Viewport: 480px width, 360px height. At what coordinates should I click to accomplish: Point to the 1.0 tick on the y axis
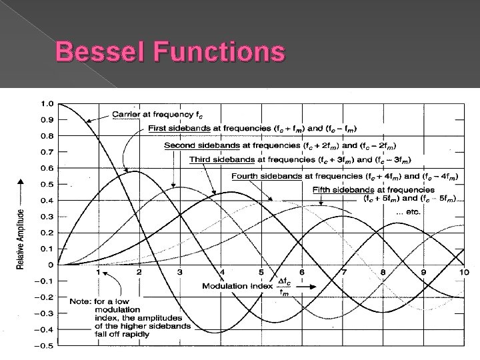[x=46, y=103]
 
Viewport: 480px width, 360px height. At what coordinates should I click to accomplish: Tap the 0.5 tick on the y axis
[x=46, y=184]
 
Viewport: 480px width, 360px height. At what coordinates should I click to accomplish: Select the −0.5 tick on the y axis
[x=44, y=345]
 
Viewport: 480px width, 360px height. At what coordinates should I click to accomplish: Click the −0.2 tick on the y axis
[x=44, y=297]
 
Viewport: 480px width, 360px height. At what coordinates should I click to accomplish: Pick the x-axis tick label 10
[x=463, y=273]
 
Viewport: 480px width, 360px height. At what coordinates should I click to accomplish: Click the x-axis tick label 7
[x=343, y=273]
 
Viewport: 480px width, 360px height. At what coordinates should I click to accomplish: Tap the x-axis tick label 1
[x=99, y=273]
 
